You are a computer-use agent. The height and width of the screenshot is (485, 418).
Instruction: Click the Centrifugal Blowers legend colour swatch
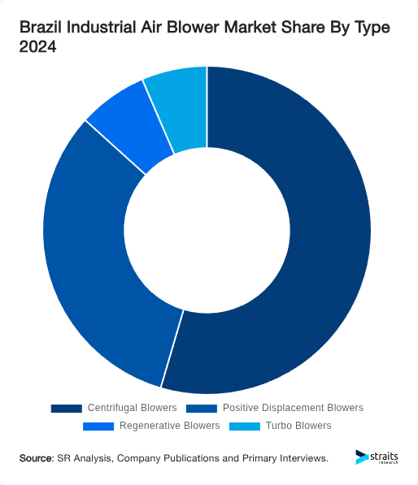(x=66, y=408)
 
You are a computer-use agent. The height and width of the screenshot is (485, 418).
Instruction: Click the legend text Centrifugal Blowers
(x=132, y=408)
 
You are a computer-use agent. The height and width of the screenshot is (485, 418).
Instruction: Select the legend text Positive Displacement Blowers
(x=293, y=408)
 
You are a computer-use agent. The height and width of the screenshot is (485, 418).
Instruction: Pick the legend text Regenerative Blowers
(x=169, y=426)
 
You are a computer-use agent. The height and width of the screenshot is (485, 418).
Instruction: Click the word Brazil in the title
(x=41, y=28)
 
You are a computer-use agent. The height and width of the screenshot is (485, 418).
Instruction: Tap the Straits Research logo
(x=377, y=458)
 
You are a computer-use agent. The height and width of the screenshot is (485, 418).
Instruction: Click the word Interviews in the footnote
(x=303, y=459)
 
